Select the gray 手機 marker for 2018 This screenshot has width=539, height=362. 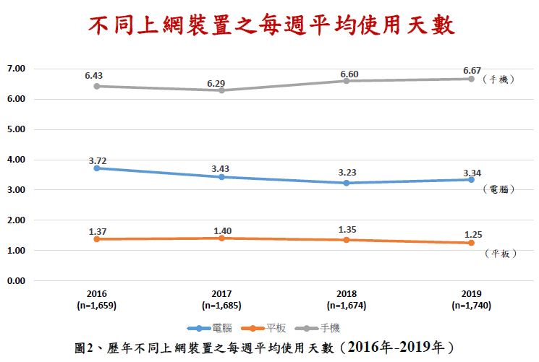(x=346, y=81)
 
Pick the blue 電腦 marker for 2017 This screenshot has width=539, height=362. (x=221, y=177)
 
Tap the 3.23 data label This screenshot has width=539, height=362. (x=346, y=173)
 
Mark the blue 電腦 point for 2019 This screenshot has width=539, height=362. (x=470, y=179)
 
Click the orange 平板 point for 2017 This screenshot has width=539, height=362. (x=221, y=238)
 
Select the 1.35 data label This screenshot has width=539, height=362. (x=346, y=230)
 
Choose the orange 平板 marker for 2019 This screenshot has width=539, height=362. (x=470, y=243)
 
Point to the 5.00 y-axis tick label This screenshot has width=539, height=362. (x=15, y=129)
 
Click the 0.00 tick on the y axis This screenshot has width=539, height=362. (x=15, y=280)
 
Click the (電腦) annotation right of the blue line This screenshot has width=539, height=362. (x=498, y=189)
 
